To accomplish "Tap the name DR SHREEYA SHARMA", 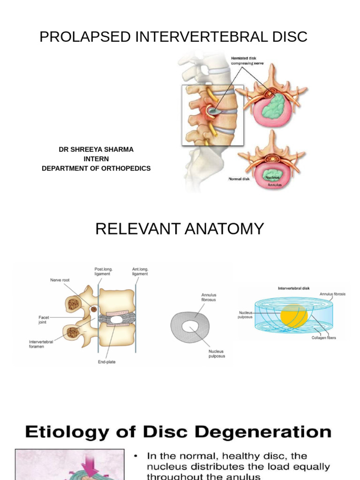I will (x=96, y=150).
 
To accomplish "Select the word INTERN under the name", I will (x=96, y=159).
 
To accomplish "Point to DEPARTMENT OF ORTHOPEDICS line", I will (x=96, y=168).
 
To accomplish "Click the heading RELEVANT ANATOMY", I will (x=180, y=229).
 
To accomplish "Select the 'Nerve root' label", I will (x=60, y=280).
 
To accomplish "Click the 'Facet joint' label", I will (x=44, y=320).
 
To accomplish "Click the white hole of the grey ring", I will (x=189, y=327).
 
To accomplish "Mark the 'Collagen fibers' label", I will (x=323, y=337).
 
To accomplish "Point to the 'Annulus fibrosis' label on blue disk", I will (x=332, y=294).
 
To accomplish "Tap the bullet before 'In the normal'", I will (x=136, y=456).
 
